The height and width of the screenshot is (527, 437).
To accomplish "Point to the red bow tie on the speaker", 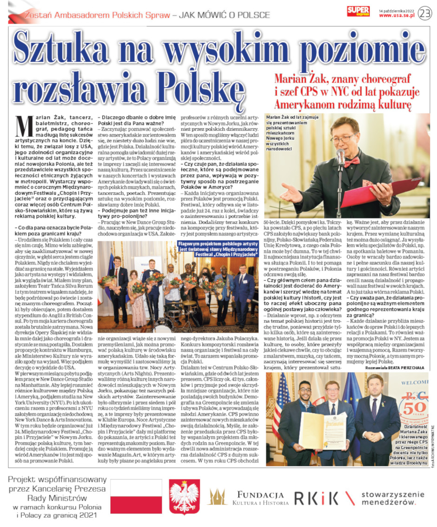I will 352,162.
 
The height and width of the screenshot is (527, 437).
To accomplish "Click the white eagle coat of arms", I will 185,497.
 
